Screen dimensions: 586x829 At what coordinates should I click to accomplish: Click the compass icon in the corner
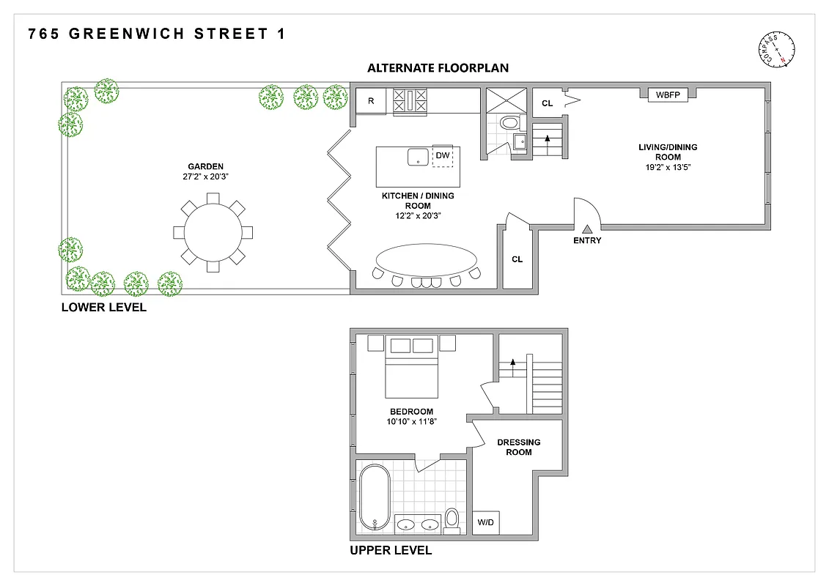777,49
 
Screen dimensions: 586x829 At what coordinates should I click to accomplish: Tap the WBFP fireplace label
667,94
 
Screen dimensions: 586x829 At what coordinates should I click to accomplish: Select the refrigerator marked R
371,101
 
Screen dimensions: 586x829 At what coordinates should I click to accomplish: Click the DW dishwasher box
443,155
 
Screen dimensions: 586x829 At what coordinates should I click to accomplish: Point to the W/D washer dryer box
485,523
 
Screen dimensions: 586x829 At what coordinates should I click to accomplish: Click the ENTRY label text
587,240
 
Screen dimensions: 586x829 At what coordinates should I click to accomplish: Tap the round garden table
213,232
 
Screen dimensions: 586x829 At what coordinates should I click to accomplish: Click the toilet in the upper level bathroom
452,519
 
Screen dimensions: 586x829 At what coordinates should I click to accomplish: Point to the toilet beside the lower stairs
508,123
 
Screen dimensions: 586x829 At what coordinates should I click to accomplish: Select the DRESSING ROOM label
519,447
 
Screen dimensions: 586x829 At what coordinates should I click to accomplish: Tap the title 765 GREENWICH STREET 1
156,34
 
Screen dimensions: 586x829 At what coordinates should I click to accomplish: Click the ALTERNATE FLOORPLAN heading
438,68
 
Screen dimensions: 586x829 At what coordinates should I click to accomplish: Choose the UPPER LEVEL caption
391,550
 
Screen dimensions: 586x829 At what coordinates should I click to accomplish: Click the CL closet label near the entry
517,259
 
